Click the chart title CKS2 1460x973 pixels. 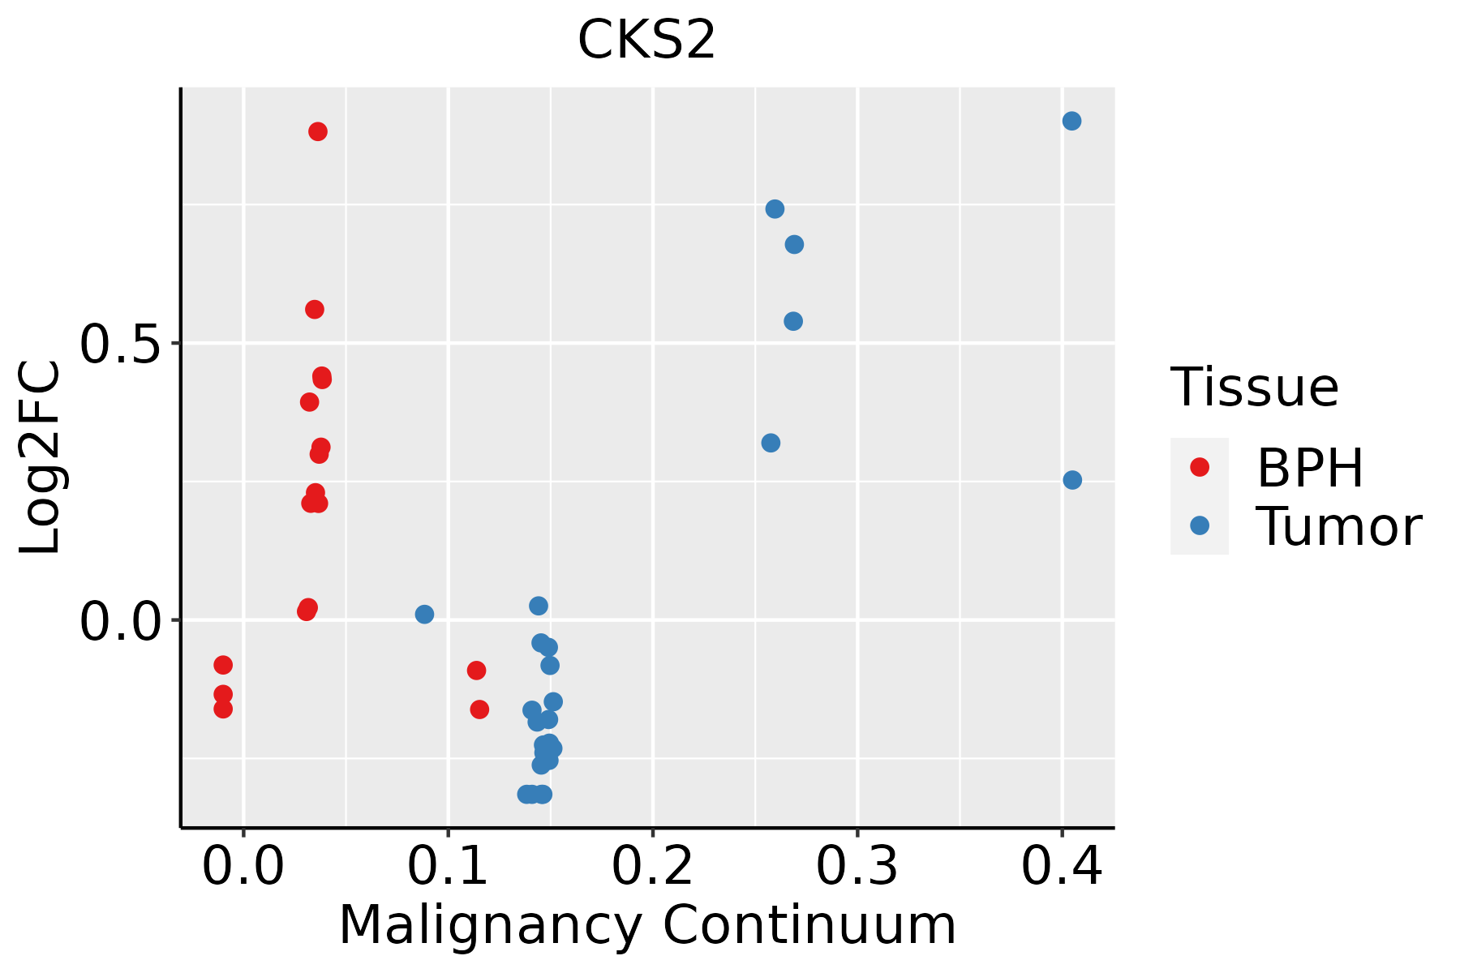[x=646, y=40]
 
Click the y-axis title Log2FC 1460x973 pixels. [x=41, y=457]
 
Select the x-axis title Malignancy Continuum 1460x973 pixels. [x=647, y=925]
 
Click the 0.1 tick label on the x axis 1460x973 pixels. [x=448, y=866]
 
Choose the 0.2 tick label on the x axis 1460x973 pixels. [x=652, y=866]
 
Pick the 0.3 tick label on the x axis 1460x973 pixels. [x=857, y=866]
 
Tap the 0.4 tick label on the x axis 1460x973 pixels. [x=1061, y=866]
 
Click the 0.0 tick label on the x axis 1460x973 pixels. [x=243, y=866]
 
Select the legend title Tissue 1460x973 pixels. [x=1255, y=387]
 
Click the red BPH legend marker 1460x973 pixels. [x=1199, y=467]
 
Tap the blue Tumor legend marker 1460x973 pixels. [x=1199, y=525]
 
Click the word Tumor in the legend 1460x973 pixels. [x=1339, y=527]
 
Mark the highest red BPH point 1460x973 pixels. [x=318, y=131]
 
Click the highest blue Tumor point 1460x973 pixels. [x=1071, y=121]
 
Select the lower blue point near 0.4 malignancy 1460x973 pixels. [x=1072, y=480]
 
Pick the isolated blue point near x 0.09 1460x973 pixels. [x=424, y=614]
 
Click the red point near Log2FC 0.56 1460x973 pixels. [x=315, y=309]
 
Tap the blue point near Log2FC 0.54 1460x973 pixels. [x=793, y=321]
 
